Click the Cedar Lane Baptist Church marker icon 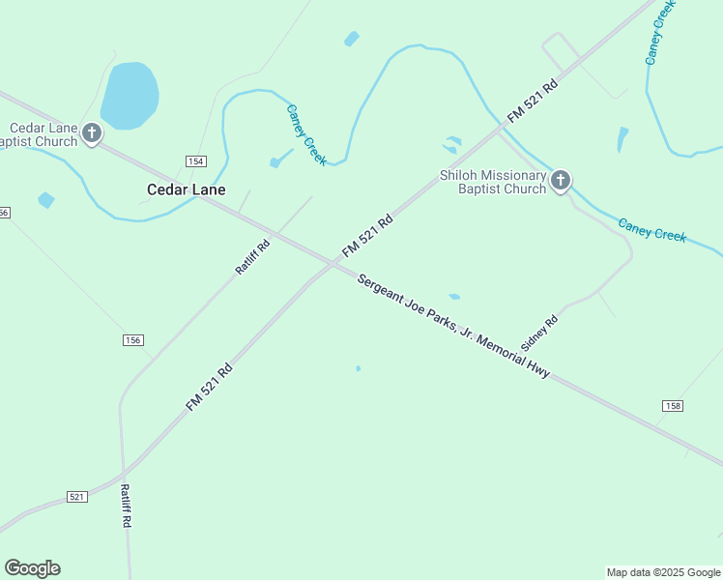click(92, 133)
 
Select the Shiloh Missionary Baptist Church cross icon click(561, 180)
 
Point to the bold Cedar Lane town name click(186, 189)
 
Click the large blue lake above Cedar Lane click(129, 95)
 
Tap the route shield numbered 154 click(196, 160)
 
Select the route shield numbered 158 click(673, 404)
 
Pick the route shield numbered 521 click(77, 496)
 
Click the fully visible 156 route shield click(132, 339)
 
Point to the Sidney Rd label click(539, 332)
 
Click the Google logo click(32, 568)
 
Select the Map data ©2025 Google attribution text click(664, 572)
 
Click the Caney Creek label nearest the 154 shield click(306, 134)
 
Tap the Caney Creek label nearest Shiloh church click(652, 229)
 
